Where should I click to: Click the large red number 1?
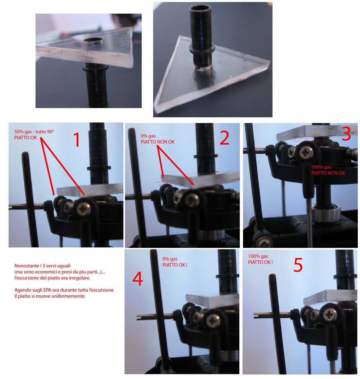[77, 140]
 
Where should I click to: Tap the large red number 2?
[224, 138]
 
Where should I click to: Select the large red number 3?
[346, 134]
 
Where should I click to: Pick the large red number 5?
[298, 265]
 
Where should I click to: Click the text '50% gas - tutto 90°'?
[34, 132]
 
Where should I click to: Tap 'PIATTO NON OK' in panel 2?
[157, 142]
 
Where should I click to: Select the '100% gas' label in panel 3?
[321, 167]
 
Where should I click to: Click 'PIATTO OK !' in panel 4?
[175, 265]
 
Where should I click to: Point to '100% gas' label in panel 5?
[258, 256]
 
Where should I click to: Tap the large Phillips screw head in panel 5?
[329, 315]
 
